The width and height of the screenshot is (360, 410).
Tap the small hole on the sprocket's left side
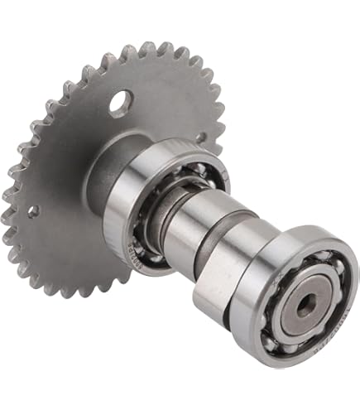coord(32,211)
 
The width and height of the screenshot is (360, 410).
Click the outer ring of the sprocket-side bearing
coord(124,207)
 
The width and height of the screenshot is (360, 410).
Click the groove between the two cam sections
coord(210,240)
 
